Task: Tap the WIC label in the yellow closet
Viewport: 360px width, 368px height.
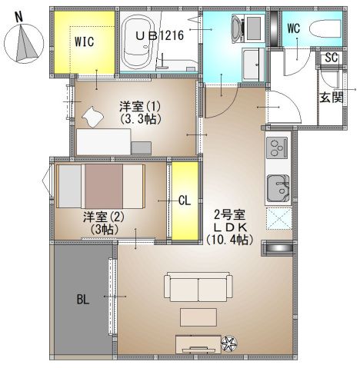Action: [85, 41]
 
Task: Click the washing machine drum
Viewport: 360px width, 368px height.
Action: [236, 28]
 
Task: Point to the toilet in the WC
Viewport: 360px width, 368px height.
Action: [325, 29]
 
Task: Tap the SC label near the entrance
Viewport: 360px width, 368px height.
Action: [331, 58]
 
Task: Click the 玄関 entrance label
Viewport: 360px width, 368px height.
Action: [332, 98]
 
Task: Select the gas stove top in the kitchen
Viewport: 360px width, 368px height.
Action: [277, 148]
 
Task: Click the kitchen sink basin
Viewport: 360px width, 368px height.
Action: [278, 188]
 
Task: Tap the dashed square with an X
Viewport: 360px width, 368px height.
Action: [278, 219]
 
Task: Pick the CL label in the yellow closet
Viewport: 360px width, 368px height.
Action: [185, 201]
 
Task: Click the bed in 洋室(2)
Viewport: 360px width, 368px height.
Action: [101, 186]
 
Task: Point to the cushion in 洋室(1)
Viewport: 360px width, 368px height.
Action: [92, 117]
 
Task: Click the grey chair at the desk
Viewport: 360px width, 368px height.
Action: [141, 148]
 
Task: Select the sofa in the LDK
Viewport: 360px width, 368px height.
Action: [198, 287]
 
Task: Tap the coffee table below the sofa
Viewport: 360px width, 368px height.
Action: [198, 317]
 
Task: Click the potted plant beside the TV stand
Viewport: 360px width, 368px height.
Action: [228, 343]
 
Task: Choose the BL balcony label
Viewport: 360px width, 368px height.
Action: [83, 299]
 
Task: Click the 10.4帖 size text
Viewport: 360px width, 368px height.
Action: [230, 240]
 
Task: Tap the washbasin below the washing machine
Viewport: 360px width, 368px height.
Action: [253, 65]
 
